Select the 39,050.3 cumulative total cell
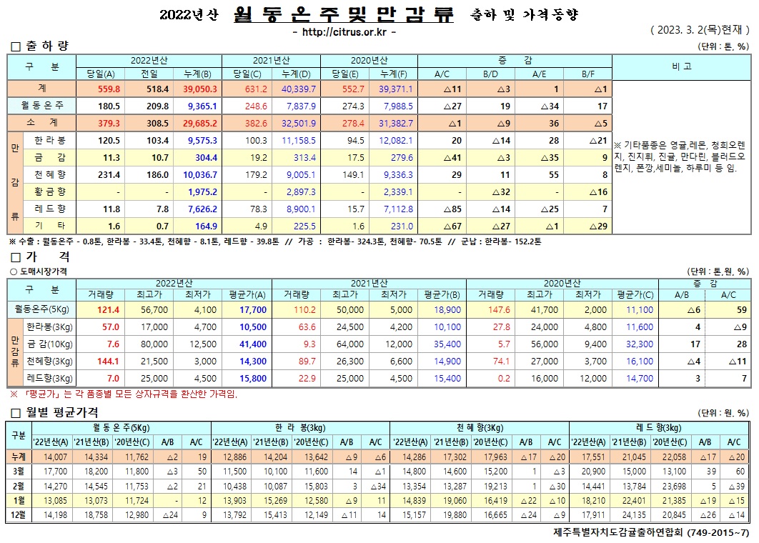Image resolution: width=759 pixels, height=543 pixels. point(200,89)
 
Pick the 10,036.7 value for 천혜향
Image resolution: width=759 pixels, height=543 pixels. point(200,174)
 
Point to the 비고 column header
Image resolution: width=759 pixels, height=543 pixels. point(681,66)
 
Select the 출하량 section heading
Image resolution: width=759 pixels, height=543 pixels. point(47,46)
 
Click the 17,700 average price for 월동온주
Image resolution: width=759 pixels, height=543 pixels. point(254,310)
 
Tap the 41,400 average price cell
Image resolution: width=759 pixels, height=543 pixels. point(254,344)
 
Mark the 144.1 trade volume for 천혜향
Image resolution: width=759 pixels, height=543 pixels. point(107,361)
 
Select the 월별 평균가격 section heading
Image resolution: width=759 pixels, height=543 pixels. point(61,412)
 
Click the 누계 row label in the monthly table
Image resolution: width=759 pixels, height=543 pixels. point(18,457)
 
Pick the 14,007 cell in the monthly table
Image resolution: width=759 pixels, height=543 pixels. point(55,457)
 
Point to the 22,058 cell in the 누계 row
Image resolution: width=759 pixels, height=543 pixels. point(673,457)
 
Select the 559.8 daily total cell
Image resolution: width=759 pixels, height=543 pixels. point(107,89)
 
